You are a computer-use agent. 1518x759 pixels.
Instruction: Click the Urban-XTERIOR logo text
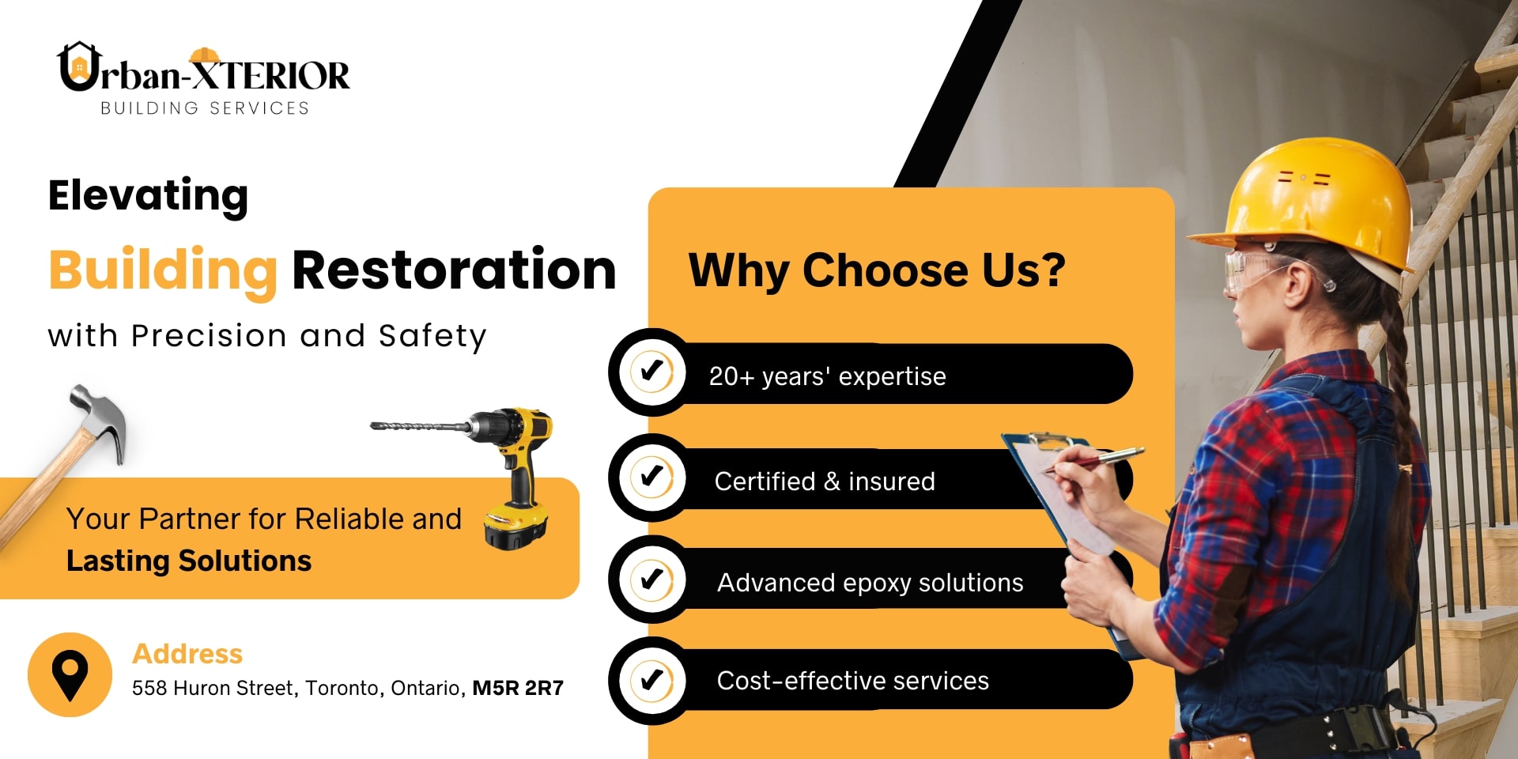click(204, 70)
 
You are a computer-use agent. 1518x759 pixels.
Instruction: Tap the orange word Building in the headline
click(163, 271)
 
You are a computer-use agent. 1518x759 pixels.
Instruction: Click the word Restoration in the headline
click(454, 270)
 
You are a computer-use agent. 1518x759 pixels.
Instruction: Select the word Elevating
click(148, 196)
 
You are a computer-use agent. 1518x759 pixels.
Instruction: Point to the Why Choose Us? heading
click(877, 270)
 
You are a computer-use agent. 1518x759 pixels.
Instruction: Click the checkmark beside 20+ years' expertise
click(652, 371)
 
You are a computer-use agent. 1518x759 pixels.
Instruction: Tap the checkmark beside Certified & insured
click(652, 476)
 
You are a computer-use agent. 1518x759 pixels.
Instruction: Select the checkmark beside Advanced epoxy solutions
click(652, 579)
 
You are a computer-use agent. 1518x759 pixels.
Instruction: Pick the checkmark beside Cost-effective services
click(652, 680)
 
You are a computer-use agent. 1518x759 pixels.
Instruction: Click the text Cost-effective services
click(852, 681)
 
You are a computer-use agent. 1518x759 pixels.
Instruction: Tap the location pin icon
click(70, 675)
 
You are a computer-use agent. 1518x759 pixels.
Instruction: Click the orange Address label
click(187, 654)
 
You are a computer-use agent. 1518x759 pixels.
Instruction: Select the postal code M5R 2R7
click(518, 688)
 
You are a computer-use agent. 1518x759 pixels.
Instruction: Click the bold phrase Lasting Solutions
click(189, 561)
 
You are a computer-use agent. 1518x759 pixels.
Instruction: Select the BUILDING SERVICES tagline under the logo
click(205, 108)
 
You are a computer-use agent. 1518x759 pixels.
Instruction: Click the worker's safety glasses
click(1258, 270)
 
